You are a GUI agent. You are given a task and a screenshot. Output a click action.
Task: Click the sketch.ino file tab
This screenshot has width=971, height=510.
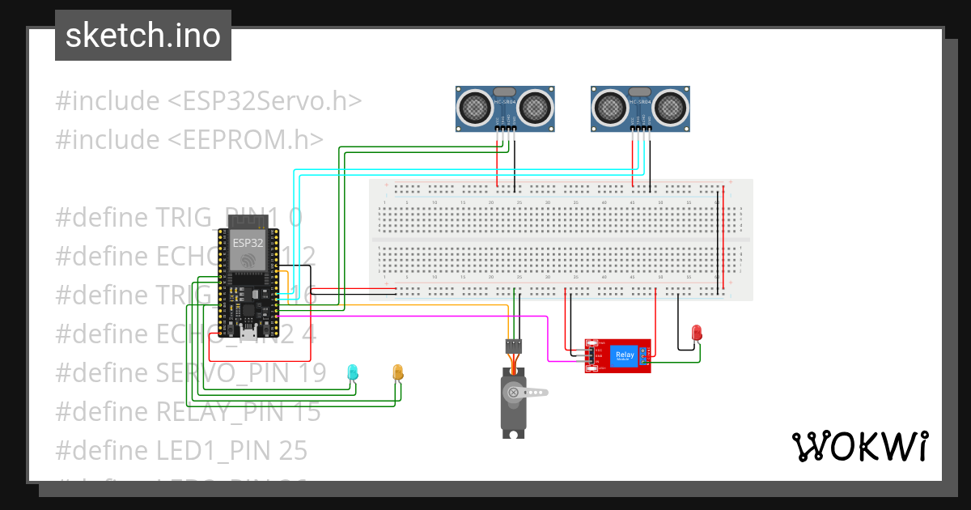click(143, 36)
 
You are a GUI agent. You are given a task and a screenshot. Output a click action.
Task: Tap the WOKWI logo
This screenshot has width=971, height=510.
click(859, 446)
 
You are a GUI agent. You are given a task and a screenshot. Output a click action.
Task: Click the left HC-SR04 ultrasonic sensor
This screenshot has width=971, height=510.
click(505, 108)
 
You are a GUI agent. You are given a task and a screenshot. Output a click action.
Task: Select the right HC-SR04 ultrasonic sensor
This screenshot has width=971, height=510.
click(641, 108)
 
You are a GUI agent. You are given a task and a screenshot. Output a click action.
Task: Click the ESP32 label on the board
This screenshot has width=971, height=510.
click(248, 242)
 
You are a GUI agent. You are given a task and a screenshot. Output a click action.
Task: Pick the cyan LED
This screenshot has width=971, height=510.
click(352, 372)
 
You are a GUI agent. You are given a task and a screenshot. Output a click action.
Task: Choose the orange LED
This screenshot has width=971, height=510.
click(397, 372)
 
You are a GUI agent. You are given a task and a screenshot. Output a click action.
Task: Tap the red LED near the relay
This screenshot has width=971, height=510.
click(697, 333)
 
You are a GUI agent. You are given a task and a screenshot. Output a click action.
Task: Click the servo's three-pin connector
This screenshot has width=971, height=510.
click(513, 346)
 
